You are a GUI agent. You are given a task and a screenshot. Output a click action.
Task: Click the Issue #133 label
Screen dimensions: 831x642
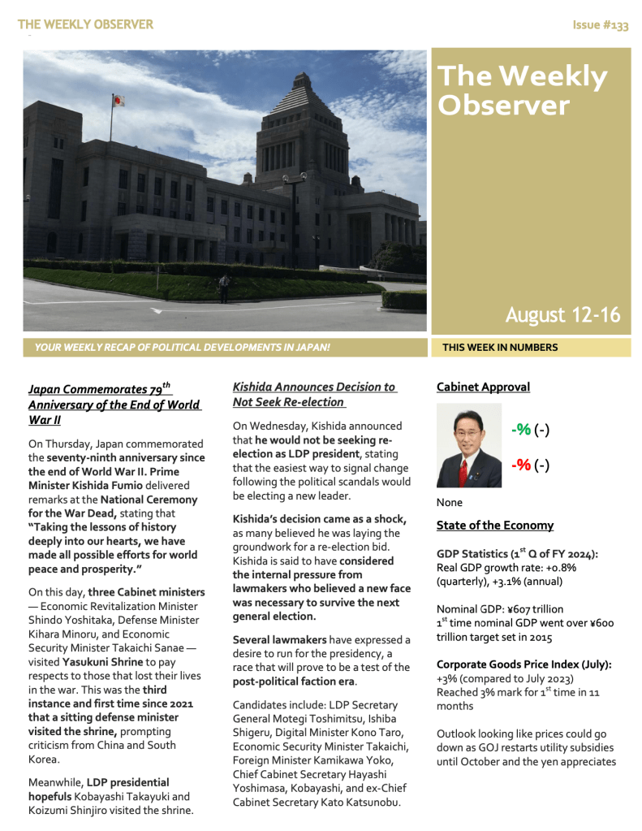(x=601, y=25)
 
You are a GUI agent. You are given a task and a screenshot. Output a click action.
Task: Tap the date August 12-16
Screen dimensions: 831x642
(x=562, y=314)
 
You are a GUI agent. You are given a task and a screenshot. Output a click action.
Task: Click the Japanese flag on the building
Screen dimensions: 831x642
(x=118, y=101)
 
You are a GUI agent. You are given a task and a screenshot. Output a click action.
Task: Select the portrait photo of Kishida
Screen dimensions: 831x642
(x=469, y=446)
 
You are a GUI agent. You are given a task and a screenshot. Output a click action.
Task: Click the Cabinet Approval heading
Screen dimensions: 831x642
(x=483, y=387)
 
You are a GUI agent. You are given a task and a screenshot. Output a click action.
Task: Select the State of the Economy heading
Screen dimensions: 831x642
(x=495, y=525)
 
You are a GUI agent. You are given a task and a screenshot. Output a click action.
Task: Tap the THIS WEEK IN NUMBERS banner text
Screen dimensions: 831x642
(x=500, y=348)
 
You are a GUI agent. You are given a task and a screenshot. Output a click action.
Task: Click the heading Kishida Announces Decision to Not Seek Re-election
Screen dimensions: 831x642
(x=313, y=394)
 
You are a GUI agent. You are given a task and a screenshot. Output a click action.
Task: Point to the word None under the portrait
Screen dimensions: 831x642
(x=449, y=502)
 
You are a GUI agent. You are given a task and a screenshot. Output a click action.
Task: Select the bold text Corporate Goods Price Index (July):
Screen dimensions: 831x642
(x=524, y=664)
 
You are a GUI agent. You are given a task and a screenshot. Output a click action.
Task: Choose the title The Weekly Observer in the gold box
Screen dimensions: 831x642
(x=522, y=90)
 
